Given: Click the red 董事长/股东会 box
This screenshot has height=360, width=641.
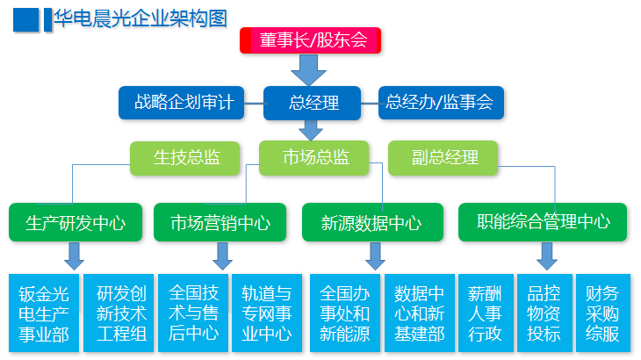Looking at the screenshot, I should (x=311, y=40).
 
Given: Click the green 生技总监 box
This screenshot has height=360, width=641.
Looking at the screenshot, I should (x=186, y=158).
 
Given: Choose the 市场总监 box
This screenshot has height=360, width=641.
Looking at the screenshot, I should (x=314, y=158).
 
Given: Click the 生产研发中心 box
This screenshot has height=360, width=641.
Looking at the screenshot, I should (x=75, y=222).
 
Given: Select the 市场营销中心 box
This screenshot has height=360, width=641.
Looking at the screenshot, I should (x=220, y=222).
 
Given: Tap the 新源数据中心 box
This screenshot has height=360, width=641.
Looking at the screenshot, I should (x=372, y=222).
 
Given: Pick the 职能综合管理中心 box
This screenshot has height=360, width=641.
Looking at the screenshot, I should (x=543, y=222).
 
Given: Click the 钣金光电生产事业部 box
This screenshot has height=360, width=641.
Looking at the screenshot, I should (x=42, y=313).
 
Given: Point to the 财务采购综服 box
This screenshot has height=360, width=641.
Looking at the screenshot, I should (x=601, y=313).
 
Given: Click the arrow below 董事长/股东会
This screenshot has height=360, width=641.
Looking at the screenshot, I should (x=311, y=68).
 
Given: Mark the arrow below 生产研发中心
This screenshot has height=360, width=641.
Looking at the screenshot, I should (x=74, y=256).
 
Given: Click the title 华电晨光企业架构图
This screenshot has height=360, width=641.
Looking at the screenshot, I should (x=140, y=18).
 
